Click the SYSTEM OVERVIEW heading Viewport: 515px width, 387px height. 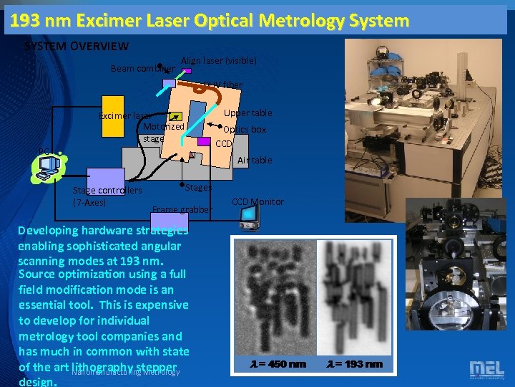click(x=77, y=47)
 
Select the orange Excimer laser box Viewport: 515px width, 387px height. click(x=112, y=114)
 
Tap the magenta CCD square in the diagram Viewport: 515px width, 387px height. click(x=204, y=141)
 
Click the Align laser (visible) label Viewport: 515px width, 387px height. click(x=218, y=61)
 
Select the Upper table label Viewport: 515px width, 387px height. click(x=247, y=113)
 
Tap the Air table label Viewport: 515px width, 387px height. click(x=255, y=160)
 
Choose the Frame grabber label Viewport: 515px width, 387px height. click(x=182, y=210)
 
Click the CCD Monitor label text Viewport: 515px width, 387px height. click(x=257, y=202)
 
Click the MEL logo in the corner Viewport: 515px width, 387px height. click(x=486, y=369)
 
